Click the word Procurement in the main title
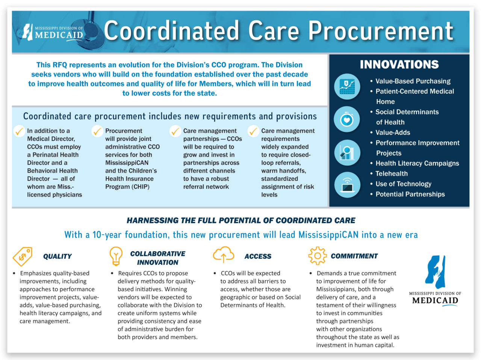coord(380,31)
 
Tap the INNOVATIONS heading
coord(399,65)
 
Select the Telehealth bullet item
coord(391,173)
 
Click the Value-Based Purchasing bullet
coord(413,81)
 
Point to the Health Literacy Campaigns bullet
coord(417,163)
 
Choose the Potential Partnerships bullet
coord(410,194)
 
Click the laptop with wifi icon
coord(347,184)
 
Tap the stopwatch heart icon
coord(347,119)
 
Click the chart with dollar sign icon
coord(347,87)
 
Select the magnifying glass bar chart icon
coord(347,152)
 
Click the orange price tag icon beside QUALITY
coord(23,256)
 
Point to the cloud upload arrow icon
coord(223,255)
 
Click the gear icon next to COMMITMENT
coord(318,256)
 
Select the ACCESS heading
coord(258,256)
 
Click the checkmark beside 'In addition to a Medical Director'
coord(19,131)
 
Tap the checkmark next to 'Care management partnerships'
coord(175,131)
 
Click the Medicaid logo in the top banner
coord(53,32)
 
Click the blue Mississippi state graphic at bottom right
coord(436,271)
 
